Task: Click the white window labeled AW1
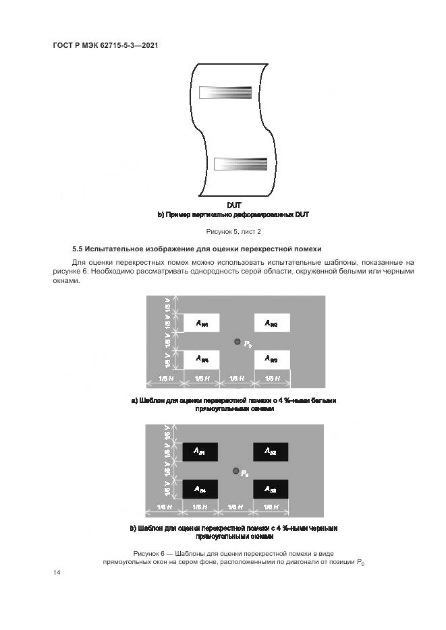[x=201, y=323]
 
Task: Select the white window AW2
[x=271, y=323]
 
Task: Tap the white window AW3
[x=271, y=359]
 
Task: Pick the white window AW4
[x=201, y=359]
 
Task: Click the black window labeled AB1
[x=200, y=451]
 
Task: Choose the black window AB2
[x=270, y=451]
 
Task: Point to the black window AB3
[x=270, y=489]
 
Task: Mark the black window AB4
[x=200, y=489]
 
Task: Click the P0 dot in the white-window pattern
[x=237, y=342]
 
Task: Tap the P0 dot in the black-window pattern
[x=235, y=470]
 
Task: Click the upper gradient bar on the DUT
[x=227, y=92]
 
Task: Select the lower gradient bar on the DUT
[x=241, y=164]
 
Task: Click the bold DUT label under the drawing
[x=234, y=205]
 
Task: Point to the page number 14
[x=57, y=572]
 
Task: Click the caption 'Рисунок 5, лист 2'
[x=233, y=231]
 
